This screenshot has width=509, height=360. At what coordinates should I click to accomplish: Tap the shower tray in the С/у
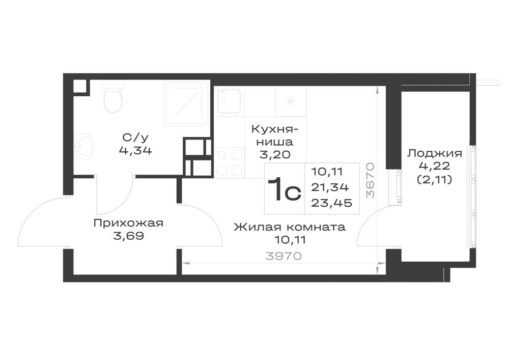point(187,103)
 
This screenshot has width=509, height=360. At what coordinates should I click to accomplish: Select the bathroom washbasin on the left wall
point(83,147)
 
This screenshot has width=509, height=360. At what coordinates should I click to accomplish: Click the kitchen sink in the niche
point(229,100)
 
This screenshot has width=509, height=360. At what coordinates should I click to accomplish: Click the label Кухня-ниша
point(275,135)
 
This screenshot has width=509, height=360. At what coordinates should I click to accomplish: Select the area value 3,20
point(275,155)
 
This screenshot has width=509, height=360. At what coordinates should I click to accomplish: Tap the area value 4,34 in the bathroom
point(135,151)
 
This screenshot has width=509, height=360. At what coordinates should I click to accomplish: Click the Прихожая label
point(128,223)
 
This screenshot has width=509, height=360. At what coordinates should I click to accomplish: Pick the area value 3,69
point(129,236)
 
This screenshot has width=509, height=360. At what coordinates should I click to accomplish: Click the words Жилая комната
point(290,227)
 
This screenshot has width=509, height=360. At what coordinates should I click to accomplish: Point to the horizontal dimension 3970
point(284,256)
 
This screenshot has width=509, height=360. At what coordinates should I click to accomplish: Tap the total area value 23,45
point(332,203)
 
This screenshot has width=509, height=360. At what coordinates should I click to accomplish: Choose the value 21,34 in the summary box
point(330,187)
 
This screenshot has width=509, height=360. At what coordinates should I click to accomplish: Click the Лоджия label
point(435,153)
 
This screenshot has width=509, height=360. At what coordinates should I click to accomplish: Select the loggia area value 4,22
point(435,166)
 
